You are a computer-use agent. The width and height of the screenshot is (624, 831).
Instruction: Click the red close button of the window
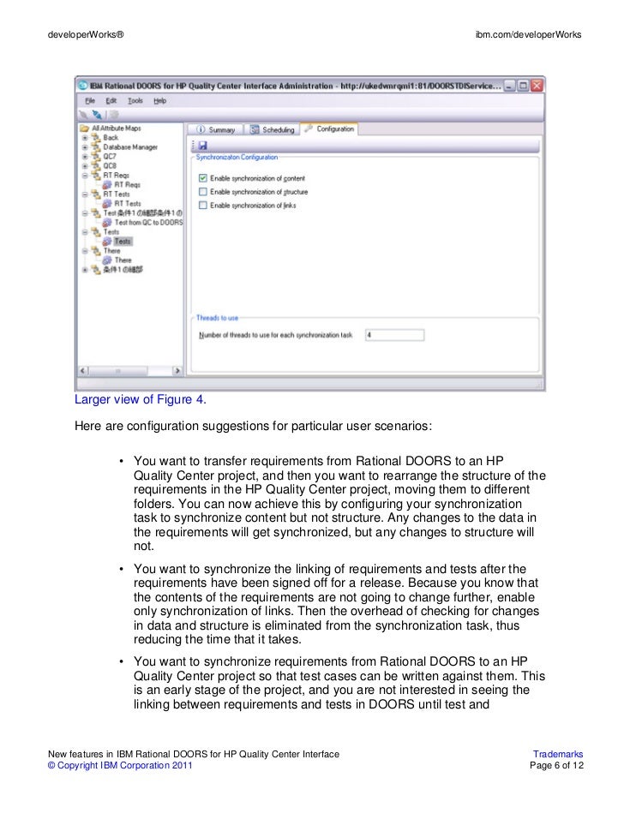click(537, 86)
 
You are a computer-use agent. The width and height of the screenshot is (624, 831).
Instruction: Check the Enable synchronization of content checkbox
click(203, 178)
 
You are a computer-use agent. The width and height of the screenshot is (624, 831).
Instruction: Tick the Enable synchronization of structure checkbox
click(203, 192)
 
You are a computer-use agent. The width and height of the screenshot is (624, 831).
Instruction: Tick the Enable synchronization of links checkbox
click(203, 206)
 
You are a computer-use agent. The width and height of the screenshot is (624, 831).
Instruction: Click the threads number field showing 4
click(393, 335)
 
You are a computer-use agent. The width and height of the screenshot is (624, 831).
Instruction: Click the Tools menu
click(135, 100)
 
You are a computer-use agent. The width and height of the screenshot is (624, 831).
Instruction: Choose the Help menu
click(160, 100)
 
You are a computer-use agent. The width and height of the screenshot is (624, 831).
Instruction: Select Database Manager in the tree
click(129, 146)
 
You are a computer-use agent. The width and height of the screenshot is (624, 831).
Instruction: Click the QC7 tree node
click(110, 157)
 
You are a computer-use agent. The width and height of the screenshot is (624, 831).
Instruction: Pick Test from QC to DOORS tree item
click(148, 222)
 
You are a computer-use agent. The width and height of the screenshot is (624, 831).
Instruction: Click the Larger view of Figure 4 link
click(140, 399)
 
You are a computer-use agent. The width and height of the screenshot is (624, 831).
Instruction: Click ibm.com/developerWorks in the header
click(528, 34)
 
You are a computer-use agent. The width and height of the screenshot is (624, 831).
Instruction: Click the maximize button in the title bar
click(522, 86)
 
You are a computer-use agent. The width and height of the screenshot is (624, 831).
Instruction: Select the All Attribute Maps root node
click(116, 129)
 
